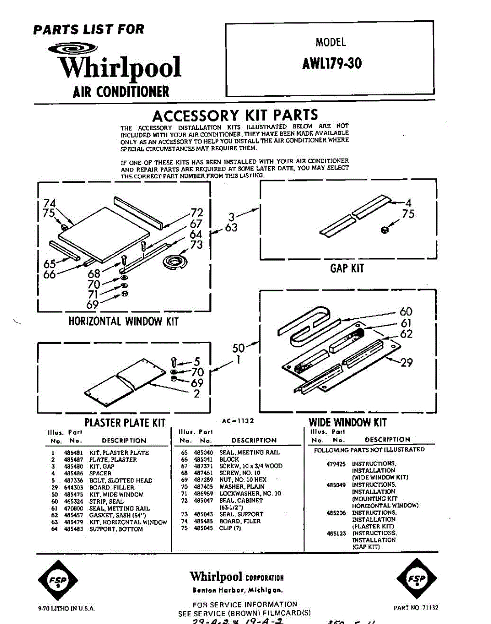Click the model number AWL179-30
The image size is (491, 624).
[x=331, y=63]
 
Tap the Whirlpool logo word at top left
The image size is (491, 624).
[x=119, y=68]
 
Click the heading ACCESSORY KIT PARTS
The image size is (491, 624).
[x=235, y=115]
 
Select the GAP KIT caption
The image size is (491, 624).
[x=347, y=268]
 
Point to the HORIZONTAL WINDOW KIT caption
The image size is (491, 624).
[x=123, y=321]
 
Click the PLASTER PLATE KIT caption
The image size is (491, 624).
[x=125, y=423]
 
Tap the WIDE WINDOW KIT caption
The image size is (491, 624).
[x=348, y=422]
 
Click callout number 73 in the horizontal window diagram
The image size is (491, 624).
[x=196, y=245]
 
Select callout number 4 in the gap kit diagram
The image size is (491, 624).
[x=408, y=202]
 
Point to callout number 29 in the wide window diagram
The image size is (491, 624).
[x=406, y=362]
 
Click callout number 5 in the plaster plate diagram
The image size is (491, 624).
[x=197, y=361]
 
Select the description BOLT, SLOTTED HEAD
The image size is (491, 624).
[x=121, y=480]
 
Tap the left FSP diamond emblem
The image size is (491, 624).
[x=59, y=578]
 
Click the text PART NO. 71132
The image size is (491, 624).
[x=416, y=607]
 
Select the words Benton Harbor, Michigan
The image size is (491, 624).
[x=237, y=590]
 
